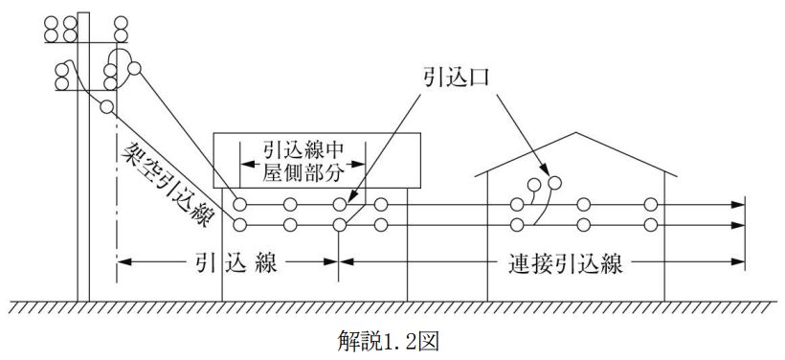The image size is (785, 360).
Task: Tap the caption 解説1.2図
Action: (x=389, y=342)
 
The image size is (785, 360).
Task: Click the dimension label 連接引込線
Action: (x=565, y=263)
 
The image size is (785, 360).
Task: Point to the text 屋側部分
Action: (x=303, y=173)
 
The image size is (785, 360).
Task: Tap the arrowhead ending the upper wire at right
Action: (x=738, y=204)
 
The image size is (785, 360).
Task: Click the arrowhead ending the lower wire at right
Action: (x=738, y=225)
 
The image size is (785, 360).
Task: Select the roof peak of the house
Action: (x=576, y=133)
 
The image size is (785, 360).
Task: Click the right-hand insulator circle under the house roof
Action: (x=554, y=183)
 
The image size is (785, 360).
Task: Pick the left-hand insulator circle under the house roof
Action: (x=533, y=186)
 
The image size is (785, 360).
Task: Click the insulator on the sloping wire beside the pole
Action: (x=106, y=106)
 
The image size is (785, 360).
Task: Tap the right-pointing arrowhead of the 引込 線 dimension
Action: (x=331, y=261)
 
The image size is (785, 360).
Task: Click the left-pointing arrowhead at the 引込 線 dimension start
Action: (x=124, y=261)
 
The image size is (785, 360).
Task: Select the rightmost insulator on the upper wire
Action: (x=651, y=204)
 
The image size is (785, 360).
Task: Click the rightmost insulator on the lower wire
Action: (x=651, y=225)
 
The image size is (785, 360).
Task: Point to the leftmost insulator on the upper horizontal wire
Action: (x=239, y=204)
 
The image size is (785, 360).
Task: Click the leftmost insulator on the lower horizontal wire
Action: (x=239, y=225)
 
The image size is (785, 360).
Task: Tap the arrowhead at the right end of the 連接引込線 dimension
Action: (x=738, y=261)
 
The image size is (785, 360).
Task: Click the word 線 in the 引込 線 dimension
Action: (x=266, y=263)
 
